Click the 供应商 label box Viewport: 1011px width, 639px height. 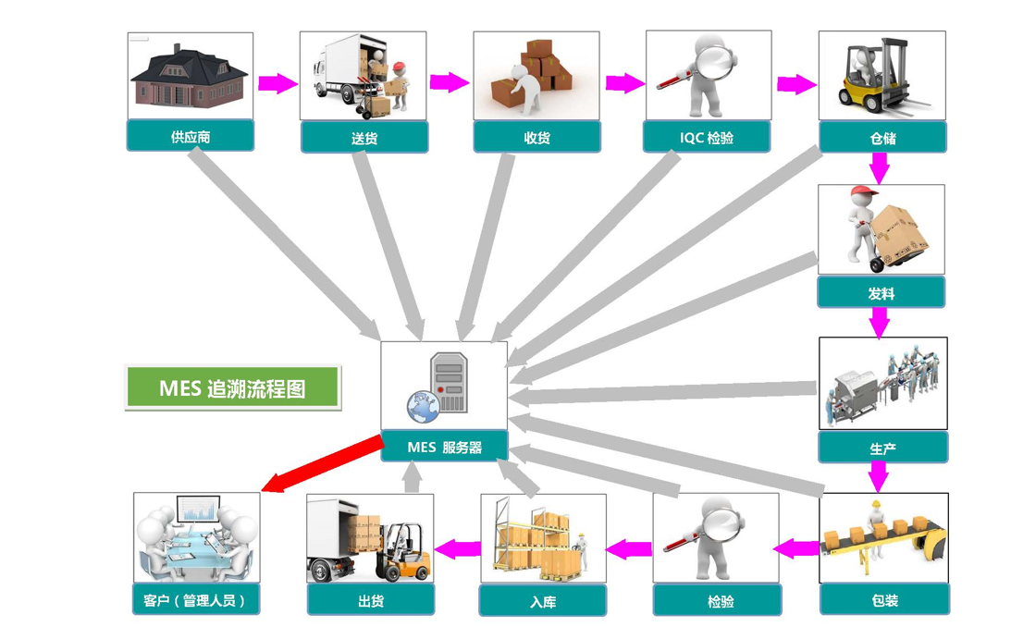click(190, 137)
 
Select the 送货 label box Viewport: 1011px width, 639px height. click(364, 139)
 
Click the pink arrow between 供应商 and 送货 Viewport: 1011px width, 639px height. click(277, 84)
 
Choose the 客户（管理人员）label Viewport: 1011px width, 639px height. click(196, 600)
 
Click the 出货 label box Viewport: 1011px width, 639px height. click(370, 601)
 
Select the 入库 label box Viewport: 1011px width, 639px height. click(543, 602)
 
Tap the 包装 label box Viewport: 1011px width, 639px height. click(884, 601)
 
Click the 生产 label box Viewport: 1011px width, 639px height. click(882, 449)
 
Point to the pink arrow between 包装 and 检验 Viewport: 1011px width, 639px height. click(795, 548)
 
